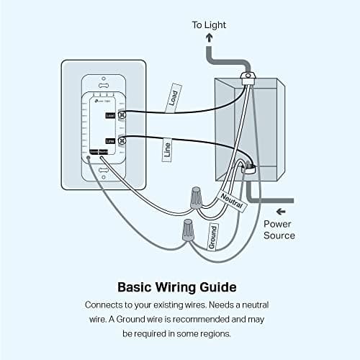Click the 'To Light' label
208,25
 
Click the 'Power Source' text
278,230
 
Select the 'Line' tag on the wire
167,150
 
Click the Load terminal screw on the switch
121,114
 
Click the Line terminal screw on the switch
121,140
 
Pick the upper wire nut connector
194,196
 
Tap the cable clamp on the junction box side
248,168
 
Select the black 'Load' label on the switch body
109,114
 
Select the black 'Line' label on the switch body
109,140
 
